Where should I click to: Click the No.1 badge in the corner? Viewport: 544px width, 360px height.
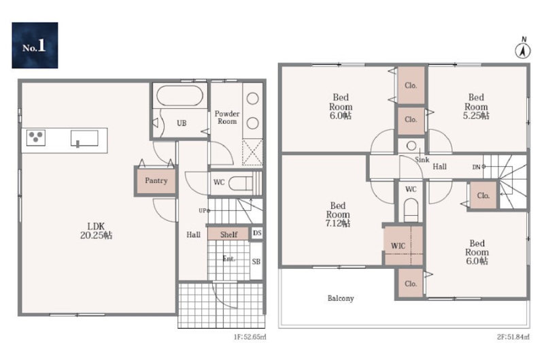(x=35, y=45)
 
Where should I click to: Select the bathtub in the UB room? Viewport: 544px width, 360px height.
(x=180, y=95)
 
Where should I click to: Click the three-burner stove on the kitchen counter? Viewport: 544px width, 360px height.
(x=36, y=137)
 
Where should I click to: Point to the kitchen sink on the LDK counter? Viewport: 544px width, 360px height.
(x=84, y=139)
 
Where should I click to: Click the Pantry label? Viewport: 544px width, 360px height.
(x=156, y=180)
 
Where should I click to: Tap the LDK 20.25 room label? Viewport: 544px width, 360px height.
(x=96, y=231)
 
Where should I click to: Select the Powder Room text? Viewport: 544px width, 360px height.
(x=227, y=117)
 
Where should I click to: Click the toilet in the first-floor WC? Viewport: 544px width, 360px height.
(x=241, y=183)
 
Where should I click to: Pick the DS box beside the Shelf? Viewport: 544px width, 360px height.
(x=257, y=233)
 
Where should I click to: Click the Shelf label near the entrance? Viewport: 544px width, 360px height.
(x=229, y=234)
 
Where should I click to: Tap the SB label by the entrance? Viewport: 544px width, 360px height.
(x=256, y=261)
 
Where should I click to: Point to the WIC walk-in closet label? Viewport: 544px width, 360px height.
(x=398, y=246)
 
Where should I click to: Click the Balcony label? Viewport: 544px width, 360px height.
(x=341, y=298)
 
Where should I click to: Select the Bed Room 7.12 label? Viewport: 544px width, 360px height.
(x=337, y=214)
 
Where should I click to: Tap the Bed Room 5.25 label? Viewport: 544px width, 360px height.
(x=476, y=107)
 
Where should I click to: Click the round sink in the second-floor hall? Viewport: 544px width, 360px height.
(x=411, y=146)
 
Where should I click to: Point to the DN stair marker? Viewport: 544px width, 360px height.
(x=479, y=167)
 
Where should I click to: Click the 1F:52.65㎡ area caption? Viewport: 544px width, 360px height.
(x=250, y=337)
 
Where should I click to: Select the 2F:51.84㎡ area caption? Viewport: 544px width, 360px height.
(x=513, y=337)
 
